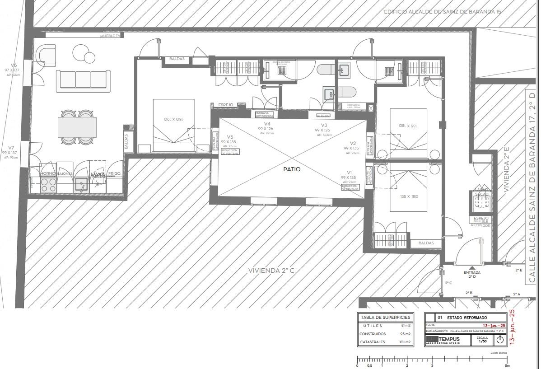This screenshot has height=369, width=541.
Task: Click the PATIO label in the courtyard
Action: (291, 169)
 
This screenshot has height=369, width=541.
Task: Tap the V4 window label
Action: (267, 124)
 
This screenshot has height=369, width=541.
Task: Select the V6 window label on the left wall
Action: (14, 65)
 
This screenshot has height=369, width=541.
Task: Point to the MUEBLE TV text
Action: (111, 36)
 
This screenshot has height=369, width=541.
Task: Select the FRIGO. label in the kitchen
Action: (114, 173)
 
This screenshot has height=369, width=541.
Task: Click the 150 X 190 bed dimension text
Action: (173, 119)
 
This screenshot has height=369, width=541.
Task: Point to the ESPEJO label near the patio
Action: (225, 105)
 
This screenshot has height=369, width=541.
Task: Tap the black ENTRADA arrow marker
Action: (472, 268)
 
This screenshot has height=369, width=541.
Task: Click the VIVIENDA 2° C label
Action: (271, 271)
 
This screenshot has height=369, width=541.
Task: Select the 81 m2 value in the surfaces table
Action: (405, 325)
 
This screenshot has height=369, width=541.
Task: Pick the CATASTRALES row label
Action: (372, 342)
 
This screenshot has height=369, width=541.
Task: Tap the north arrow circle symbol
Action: (500, 340)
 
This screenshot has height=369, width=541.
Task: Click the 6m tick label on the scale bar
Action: (507, 365)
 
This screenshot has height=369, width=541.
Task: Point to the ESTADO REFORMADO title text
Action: (467, 318)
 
